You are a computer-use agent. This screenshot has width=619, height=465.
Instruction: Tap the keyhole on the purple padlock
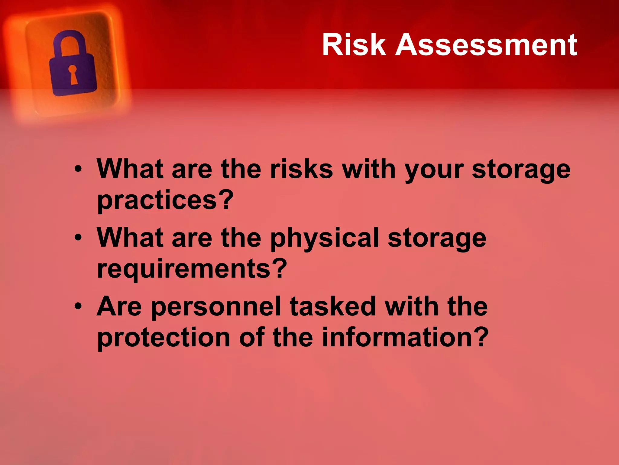pyautogui.click(x=73, y=74)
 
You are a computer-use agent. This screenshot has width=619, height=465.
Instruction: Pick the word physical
pyautogui.click(x=324, y=239)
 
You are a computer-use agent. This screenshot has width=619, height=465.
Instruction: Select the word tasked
pyautogui.click(x=333, y=306)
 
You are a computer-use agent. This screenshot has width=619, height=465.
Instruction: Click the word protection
pyautogui.click(x=164, y=338)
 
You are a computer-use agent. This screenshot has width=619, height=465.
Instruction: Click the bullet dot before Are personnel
pyautogui.click(x=78, y=307)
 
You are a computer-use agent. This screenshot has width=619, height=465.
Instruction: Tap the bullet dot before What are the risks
pyautogui.click(x=78, y=169)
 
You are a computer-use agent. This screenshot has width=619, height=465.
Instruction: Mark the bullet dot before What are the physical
pyautogui.click(x=78, y=238)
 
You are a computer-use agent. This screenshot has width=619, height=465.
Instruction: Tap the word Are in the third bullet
pyautogui.click(x=119, y=306)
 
